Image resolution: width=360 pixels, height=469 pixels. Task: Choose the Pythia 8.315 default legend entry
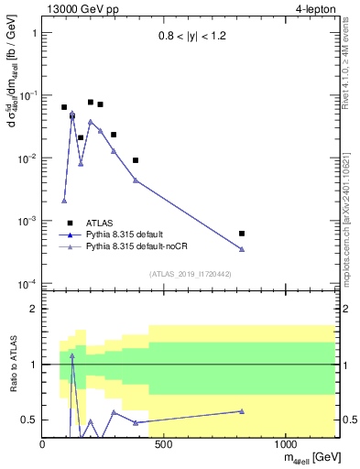click(x=127, y=234)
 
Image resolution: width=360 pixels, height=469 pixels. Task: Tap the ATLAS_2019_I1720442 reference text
click(x=190, y=273)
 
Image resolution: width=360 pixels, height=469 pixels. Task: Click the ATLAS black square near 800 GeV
click(x=242, y=234)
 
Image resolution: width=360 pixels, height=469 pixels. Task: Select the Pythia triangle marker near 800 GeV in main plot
click(x=242, y=249)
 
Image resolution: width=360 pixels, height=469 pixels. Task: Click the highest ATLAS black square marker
click(x=91, y=103)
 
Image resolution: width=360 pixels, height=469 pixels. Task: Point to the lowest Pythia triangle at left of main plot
click(x=64, y=201)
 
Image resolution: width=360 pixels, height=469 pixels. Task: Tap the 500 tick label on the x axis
click(x=164, y=444)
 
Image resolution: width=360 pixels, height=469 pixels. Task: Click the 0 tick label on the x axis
click(x=43, y=444)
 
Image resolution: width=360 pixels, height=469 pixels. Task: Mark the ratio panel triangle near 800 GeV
click(x=242, y=411)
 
